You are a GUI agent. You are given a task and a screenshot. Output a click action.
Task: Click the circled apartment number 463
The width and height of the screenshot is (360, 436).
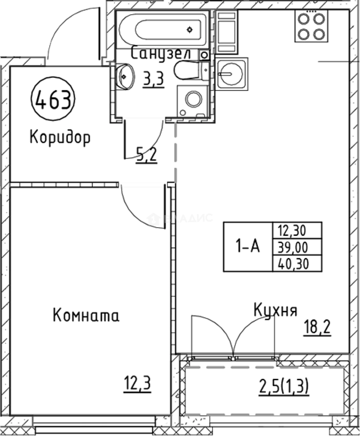click(53, 99)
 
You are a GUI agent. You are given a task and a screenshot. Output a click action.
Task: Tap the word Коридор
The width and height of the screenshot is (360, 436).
click(60, 138)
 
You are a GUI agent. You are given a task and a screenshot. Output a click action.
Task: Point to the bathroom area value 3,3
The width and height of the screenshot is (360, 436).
click(153, 80)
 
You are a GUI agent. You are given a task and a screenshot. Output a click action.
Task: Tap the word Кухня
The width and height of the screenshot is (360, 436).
click(276, 310)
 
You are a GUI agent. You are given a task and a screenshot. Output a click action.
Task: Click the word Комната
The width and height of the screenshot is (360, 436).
click(86, 315)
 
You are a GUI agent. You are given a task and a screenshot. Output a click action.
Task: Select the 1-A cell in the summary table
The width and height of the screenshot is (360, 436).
click(248, 246)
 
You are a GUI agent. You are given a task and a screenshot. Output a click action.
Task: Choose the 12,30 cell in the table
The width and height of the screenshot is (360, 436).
click(292, 231)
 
